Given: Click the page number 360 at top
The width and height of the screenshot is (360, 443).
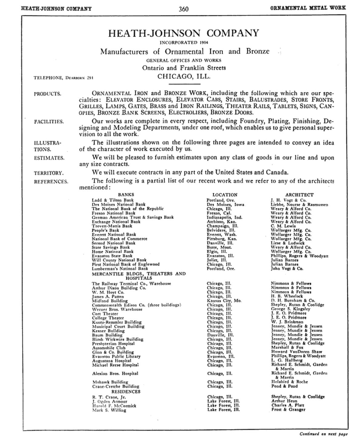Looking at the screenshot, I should pos(183,9).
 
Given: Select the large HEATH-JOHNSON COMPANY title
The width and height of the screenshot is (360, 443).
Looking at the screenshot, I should pos(184,33).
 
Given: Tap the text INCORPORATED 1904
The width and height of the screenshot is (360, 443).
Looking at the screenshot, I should pos(184,42).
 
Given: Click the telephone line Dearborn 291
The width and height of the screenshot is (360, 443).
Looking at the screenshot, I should pos(63,78).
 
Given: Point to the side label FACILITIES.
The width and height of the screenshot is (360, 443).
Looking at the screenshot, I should pos(49,122).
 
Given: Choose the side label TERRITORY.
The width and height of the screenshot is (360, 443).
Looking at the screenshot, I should pos(49,173).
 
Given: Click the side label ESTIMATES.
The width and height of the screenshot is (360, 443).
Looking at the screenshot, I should pos(49,158).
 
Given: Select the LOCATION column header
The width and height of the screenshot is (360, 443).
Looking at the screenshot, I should pos(225,195).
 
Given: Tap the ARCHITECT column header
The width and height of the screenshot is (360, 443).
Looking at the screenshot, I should pos(299,195).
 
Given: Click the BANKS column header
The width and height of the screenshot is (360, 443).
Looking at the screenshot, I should pos(126,195).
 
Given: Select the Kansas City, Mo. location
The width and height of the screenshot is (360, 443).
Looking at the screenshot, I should pos(224,301).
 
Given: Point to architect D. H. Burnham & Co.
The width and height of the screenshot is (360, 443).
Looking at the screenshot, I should pos(293,301).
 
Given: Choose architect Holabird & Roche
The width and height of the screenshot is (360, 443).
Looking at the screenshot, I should pos(289,382).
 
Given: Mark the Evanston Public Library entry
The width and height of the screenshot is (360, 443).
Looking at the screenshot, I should pos(116,356).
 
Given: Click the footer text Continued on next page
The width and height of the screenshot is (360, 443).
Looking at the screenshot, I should pos(324,434).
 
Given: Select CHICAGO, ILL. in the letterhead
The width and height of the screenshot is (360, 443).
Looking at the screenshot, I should pos(184,77).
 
